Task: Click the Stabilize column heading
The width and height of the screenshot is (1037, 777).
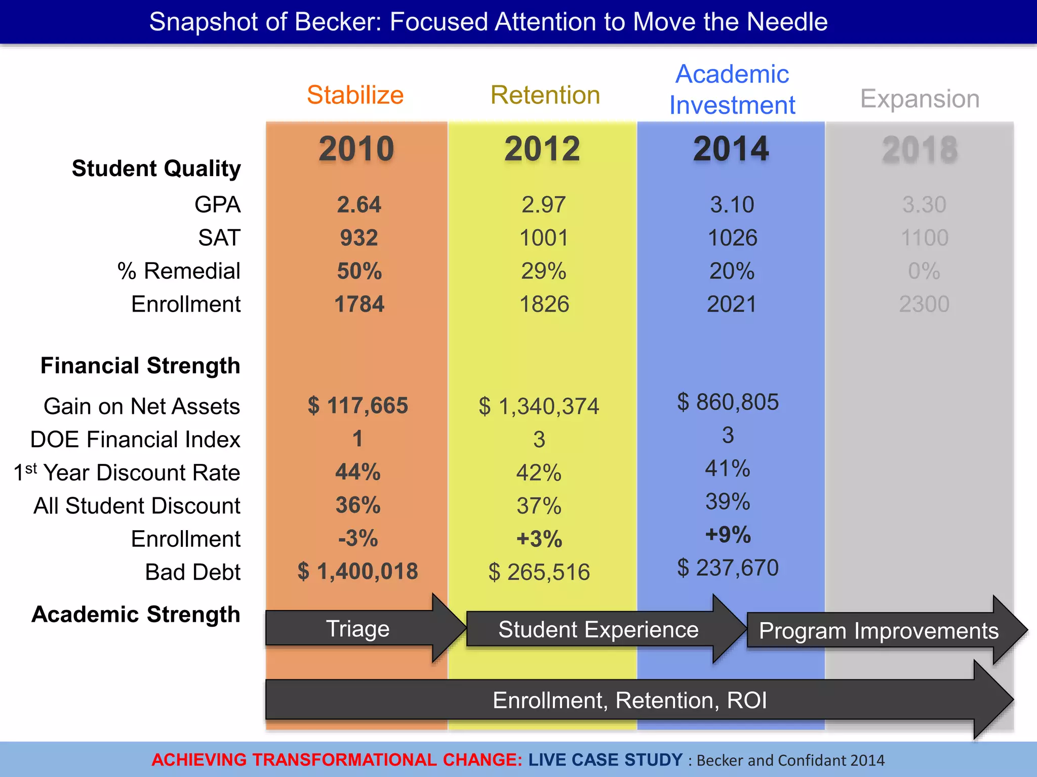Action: coord(355,95)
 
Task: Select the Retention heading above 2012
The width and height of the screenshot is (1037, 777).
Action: coord(545,95)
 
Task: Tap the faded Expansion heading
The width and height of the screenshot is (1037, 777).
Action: coord(920,99)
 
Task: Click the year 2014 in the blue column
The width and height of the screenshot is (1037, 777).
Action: coord(731,149)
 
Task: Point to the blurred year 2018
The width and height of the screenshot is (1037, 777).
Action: coord(920,150)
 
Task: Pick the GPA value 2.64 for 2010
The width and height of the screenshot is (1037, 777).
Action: coord(359,205)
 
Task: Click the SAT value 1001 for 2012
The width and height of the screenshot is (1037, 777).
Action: coord(544,238)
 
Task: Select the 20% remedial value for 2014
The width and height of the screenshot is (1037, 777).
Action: coord(732,271)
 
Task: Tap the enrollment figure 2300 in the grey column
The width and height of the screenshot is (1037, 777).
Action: coord(924,305)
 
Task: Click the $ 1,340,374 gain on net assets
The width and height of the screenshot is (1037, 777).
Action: coord(539,406)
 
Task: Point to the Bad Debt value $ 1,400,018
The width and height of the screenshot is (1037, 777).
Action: coord(357,572)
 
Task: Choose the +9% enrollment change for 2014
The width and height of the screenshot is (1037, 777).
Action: coord(728,535)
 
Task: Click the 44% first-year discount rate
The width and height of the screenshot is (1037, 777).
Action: coord(357,472)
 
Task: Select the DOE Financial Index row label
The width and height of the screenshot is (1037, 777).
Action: coord(135,439)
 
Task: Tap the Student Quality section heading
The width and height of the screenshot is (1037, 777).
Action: coord(156,168)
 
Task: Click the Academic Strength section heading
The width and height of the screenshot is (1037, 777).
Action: coord(136,615)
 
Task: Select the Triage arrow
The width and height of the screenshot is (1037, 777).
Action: coord(357,629)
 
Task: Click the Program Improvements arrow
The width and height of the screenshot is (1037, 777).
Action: coord(879,631)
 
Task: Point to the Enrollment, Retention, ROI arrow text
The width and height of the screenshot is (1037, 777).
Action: coord(629,701)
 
